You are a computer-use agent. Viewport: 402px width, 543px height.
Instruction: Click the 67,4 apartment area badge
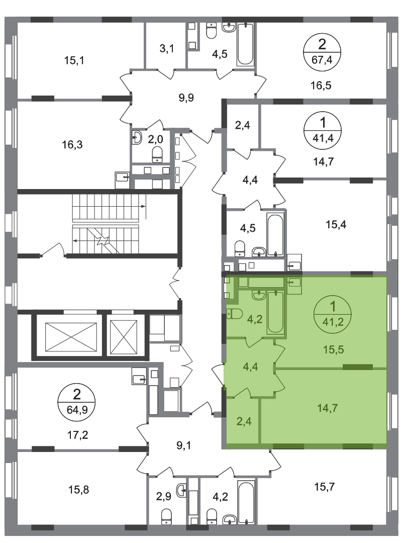(x=322, y=53)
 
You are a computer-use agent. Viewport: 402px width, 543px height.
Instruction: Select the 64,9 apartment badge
(x=77, y=402)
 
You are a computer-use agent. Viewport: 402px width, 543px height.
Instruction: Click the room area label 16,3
(x=72, y=144)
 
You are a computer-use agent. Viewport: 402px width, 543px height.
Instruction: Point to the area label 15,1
(x=74, y=61)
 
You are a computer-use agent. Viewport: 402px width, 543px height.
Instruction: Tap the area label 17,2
(x=77, y=434)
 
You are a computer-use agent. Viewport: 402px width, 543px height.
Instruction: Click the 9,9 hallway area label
(x=186, y=98)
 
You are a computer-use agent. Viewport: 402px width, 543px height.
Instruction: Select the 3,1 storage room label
(x=166, y=49)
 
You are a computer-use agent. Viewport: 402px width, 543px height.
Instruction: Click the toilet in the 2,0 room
(x=158, y=154)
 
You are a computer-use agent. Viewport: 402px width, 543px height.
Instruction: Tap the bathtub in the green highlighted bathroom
(x=275, y=312)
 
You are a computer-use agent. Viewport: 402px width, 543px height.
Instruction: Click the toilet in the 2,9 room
(x=166, y=517)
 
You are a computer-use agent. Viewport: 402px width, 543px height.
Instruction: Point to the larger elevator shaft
(x=71, y=337)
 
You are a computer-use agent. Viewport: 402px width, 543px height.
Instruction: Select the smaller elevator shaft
(x=124, y=337)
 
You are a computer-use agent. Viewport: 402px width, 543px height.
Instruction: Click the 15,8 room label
(x=78, y=490)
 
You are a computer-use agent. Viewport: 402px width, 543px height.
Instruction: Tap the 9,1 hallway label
(x=184, y=445)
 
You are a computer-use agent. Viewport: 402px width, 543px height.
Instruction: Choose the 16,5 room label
(x=321, y=85)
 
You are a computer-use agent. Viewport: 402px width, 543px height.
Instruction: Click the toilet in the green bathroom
(x=234, y=314)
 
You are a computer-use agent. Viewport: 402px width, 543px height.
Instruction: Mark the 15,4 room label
(x=336, y=224)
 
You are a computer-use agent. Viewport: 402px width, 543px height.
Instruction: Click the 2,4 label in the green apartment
(x=244, y=421)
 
